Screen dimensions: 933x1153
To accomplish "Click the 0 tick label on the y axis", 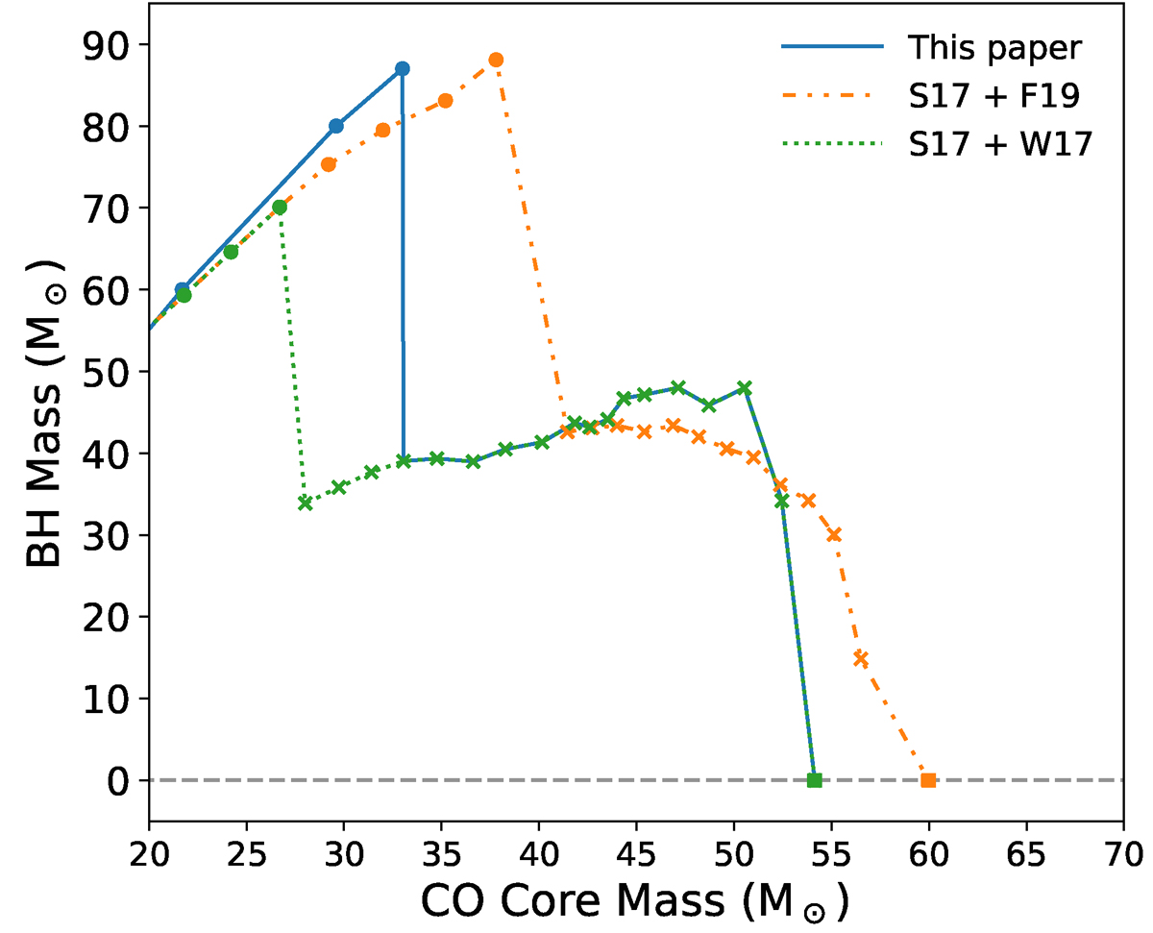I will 120,780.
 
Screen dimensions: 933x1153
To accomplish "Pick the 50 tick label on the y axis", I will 109,372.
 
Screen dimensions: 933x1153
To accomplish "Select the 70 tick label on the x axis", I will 1123,852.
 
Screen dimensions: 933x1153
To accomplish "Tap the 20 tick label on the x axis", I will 149,852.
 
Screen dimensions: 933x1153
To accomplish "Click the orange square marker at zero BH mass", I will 928,780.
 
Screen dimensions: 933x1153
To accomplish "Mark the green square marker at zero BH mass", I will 814,780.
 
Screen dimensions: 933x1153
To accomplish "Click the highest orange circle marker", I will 496,60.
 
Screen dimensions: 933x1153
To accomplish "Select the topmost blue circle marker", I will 403,69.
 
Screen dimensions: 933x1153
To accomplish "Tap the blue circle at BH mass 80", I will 336,126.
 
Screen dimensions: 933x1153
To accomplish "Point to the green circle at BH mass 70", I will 280,208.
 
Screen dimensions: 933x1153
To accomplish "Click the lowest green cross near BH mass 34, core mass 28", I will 306,503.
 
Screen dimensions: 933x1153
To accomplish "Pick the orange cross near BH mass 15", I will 861,659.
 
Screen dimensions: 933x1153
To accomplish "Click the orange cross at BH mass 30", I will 834,534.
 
